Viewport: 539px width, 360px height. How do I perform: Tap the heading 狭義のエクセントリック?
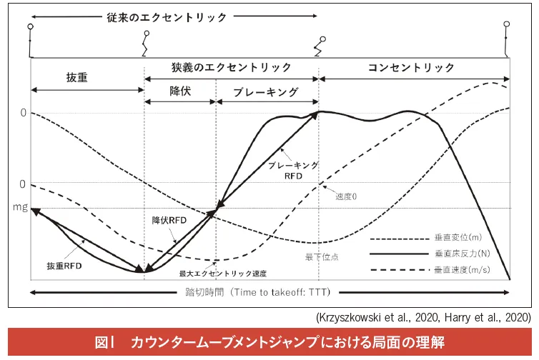[231, 67]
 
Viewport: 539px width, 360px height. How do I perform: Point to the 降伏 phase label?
[180, 91]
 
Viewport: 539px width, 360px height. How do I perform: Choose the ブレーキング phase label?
[267, 91]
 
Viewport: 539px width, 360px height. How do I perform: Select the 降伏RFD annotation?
[169, 220]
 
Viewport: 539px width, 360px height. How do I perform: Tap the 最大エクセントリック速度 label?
[223, 273]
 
